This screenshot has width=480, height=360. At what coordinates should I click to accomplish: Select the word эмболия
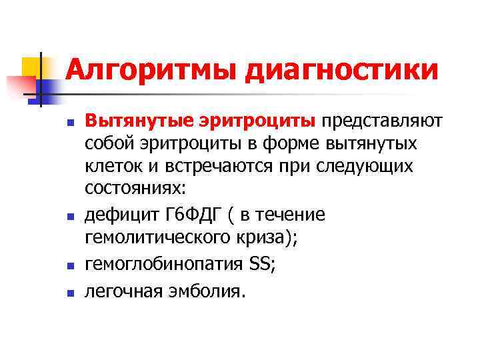[208, 291]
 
